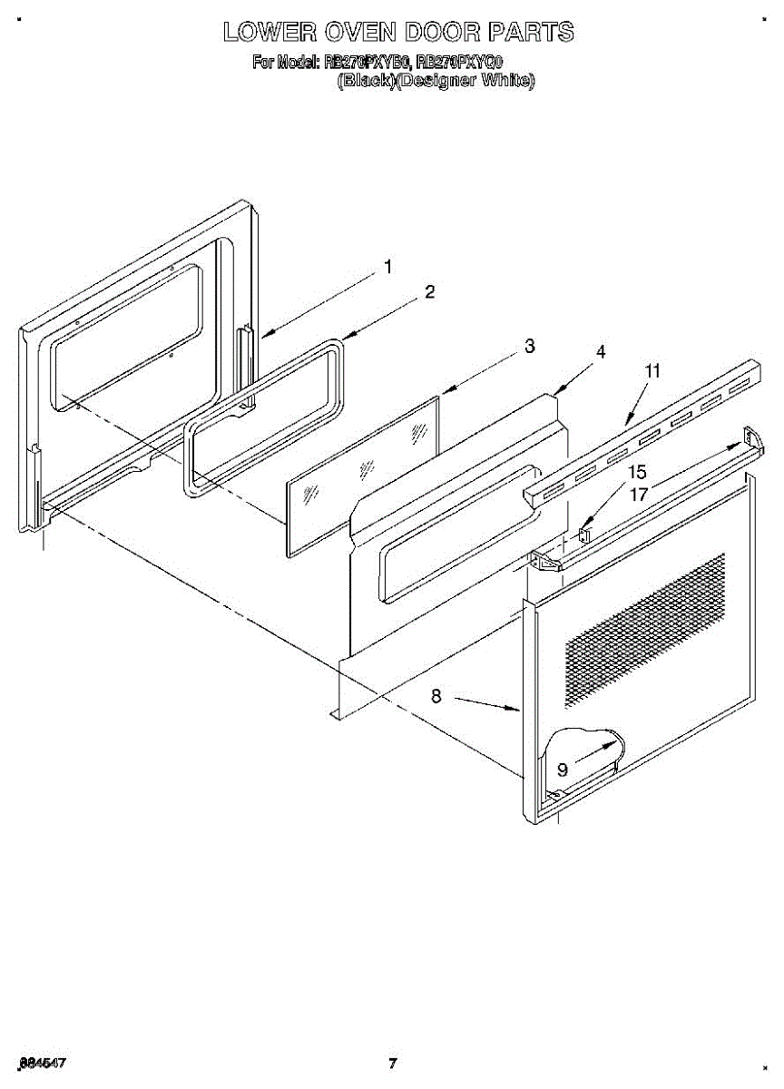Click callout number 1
[387, 267]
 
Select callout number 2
[429, 292]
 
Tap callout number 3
[529, 346]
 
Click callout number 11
[652, 370]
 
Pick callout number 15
[638, 472]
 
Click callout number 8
[436, 697]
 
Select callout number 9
[563, 770]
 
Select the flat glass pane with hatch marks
[363, 472]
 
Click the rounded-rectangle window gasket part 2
[263, 417]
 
